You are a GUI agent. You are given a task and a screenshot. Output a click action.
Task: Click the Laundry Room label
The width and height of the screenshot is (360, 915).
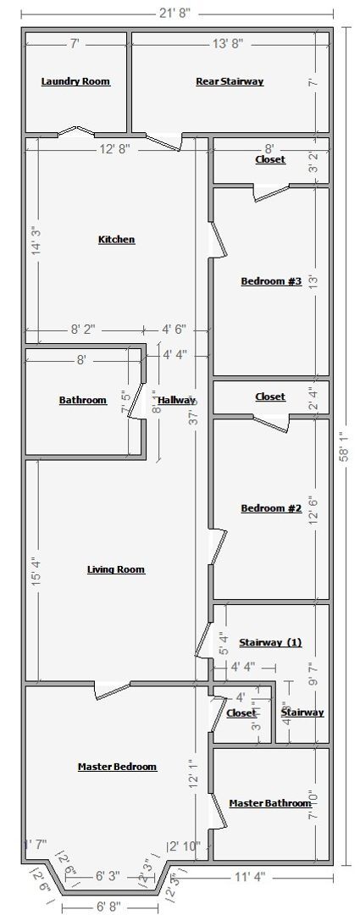75,81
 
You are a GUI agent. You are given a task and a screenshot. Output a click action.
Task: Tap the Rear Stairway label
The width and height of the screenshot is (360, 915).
230,81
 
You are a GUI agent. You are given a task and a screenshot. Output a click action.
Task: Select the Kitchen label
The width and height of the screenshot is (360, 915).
116,240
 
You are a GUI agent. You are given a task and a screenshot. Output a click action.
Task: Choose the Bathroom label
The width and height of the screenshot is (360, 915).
82,400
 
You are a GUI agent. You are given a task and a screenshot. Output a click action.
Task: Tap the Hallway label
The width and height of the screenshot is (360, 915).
176,400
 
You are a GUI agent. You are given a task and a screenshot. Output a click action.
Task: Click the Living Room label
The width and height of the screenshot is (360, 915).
116,569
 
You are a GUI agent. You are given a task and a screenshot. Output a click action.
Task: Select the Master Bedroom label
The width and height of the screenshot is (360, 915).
117,767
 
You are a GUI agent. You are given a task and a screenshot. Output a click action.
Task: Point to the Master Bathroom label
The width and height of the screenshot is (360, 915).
270,803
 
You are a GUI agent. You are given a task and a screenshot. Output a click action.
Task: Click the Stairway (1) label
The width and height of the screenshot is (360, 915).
269,642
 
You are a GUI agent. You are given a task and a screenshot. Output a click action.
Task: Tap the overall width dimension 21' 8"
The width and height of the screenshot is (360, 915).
178,11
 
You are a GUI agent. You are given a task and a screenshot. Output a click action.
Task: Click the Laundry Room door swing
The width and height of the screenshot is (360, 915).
75,132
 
